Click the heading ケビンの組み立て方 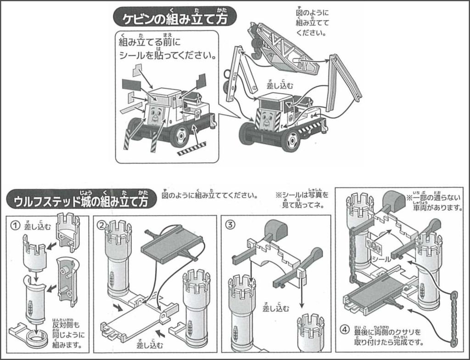point(175,19)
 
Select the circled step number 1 point(16,225)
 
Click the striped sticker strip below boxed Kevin point(192,148)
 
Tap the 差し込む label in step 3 point(275,308)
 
